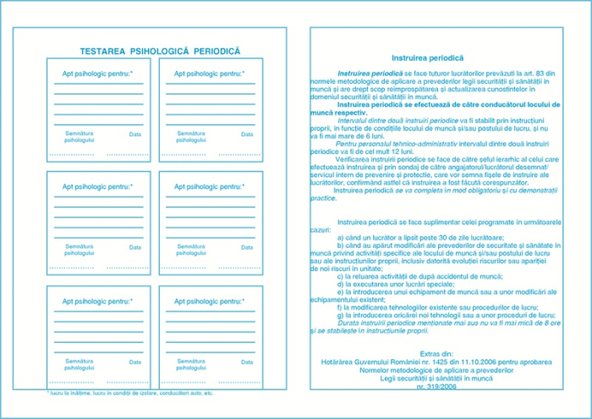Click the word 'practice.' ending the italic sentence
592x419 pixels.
[324, 197]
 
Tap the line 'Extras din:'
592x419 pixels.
[436, 353]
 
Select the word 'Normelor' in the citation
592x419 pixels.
[378, 369]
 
